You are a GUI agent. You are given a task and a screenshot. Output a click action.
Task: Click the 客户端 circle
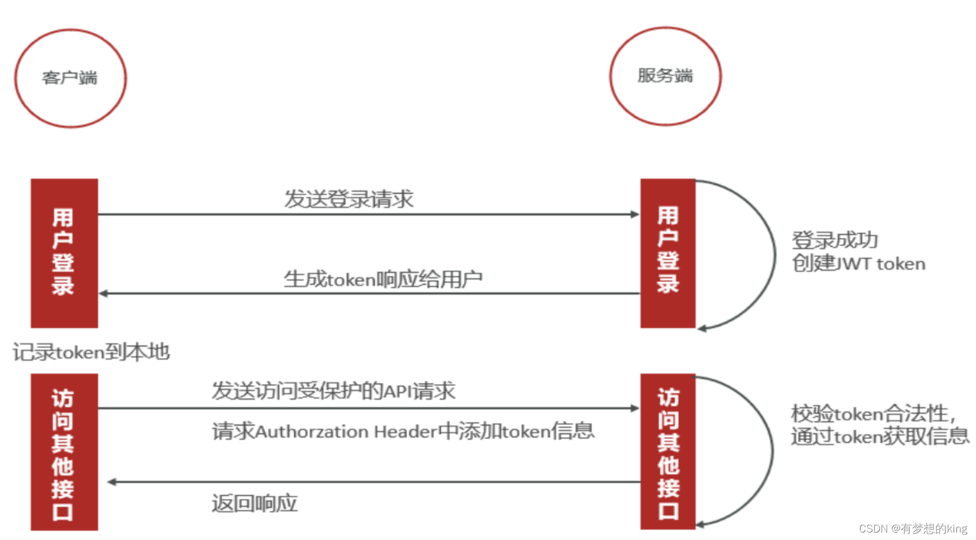(70, 78)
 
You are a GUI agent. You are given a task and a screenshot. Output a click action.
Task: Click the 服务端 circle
(665, 76)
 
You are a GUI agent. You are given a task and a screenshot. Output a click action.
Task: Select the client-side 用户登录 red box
(64, 253)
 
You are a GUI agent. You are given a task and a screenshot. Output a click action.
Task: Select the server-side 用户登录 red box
(668, 253)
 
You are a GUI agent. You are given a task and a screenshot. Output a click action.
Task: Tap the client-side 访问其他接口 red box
(64, 452)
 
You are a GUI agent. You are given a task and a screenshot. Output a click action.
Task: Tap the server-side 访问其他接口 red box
(668, 452)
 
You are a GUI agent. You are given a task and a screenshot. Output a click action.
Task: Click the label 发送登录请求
(349, 199)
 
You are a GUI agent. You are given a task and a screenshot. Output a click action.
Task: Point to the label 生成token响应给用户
(383, 280)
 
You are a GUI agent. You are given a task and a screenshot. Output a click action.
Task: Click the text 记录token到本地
(91, 352)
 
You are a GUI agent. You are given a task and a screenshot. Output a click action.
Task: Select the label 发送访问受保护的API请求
(333, 391)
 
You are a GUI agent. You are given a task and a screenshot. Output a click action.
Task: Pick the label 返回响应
(254, 504)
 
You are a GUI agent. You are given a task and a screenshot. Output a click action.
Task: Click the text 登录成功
(834, 240)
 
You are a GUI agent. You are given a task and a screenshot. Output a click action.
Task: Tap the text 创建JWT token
(858, 264)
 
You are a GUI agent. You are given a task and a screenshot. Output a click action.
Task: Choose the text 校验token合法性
(872, 414)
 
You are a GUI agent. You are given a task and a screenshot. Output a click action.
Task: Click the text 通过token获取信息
(880, 437)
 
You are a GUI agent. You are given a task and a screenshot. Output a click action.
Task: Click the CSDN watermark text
(913, 528)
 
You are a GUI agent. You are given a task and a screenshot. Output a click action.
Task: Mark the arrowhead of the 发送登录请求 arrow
(635, 214)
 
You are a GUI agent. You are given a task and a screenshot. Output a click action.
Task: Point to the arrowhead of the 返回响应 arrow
(112, 482)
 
